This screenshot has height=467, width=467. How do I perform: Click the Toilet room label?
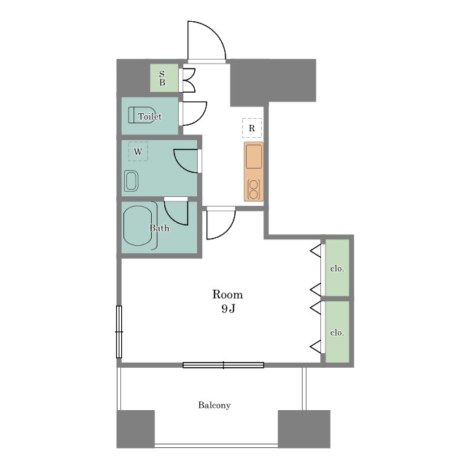(x=150, y=116)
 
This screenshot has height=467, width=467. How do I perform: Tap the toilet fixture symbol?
(x=141, y=115)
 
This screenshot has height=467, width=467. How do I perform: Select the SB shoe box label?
(x=162, y=78)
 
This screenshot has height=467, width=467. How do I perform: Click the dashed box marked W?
(x=138, y=152)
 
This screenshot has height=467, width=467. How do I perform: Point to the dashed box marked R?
(x=252, y=128)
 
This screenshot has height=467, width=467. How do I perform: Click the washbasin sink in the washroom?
(x=131, y=181)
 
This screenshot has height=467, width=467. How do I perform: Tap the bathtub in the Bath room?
(x=138, y=225)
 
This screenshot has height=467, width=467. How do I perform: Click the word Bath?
(x=159, y=228)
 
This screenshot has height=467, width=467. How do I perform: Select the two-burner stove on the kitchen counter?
(x=253, y=190)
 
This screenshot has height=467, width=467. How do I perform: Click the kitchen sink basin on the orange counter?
(x=254, y=157)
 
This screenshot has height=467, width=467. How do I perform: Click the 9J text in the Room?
(x=228, y=309)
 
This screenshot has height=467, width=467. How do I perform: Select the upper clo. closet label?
(x=337, y=269)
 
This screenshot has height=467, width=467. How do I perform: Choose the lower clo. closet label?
(x=337, y=333)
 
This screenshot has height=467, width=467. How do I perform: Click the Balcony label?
(x=215, y=406)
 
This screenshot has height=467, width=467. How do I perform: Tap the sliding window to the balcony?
(x=223, y=365)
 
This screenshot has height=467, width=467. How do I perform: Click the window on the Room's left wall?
(x=119, y=332)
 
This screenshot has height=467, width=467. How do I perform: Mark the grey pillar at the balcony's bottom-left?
(x=136, y=429)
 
